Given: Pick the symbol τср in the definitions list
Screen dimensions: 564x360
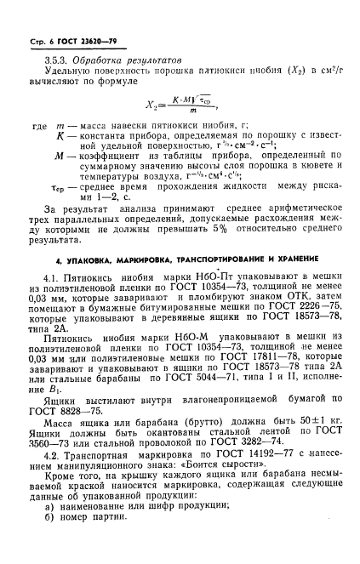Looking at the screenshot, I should [x=62, y=194].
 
